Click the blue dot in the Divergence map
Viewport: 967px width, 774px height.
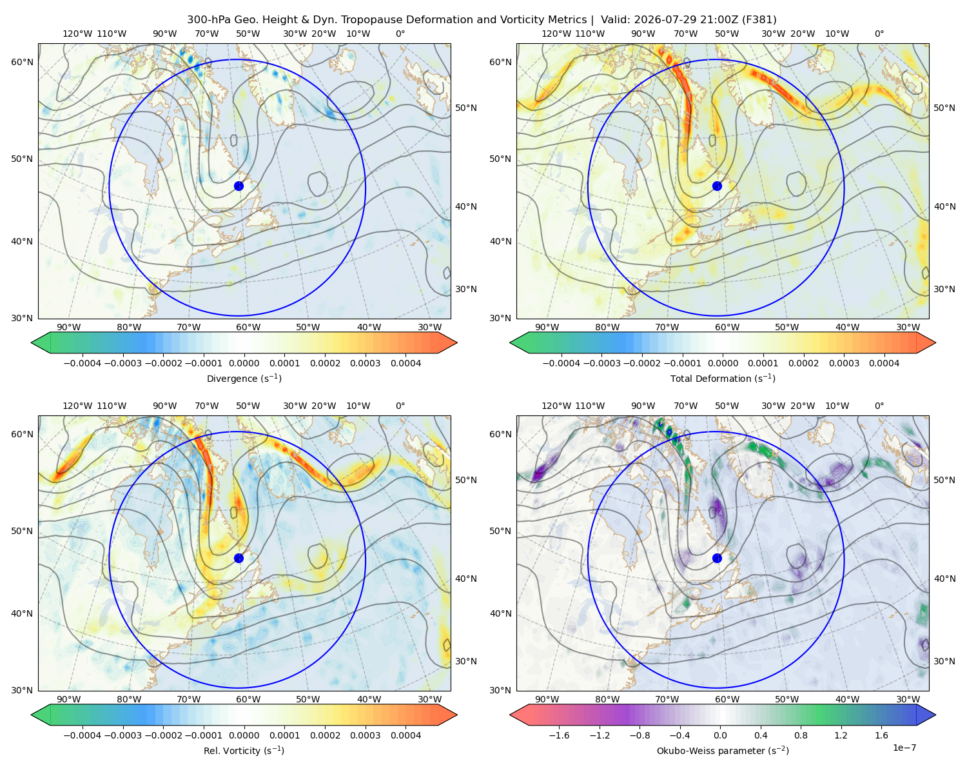[x=239, y=186]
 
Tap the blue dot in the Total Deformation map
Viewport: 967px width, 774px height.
[x=717, y=186]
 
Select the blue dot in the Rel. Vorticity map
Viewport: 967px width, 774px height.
[x=239, y=558]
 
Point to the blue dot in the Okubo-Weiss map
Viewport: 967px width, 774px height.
[x=717, y=558]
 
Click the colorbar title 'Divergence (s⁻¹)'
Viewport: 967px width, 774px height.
[x=244, y=379]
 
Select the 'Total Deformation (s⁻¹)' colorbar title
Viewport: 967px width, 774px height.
[x=723, y=379]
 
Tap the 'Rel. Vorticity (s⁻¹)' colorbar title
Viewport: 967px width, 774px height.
[x=244, y=751]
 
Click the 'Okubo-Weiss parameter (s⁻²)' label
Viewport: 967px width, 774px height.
[x=723, y=751]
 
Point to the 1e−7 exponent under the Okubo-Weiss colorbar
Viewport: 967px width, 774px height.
[x=904, y=748]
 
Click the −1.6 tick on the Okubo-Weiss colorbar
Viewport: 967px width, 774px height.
[x=559, y=735]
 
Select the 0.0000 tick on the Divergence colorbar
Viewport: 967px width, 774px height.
[x=244, y=363]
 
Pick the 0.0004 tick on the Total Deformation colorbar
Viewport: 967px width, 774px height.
[x=884, y=363]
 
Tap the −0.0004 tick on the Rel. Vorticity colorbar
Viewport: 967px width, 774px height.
[x=83, y=735]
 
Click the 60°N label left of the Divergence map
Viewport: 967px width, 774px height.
[x=22, y=62]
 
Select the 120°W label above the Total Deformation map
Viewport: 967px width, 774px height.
[x=556, y=34]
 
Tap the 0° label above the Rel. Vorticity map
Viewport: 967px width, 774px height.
[x=400, y=406]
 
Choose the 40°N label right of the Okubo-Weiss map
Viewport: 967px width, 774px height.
[x=944, y=579]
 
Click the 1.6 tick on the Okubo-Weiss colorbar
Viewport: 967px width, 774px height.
[x=882, y=735]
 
